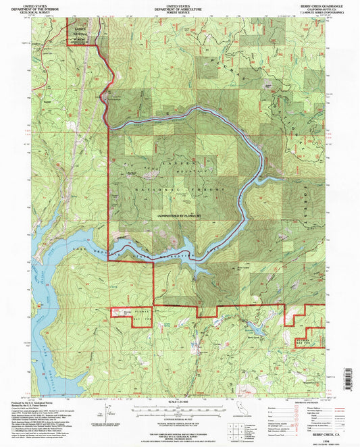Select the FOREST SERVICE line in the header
(179, 11)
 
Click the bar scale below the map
(180, 409)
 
